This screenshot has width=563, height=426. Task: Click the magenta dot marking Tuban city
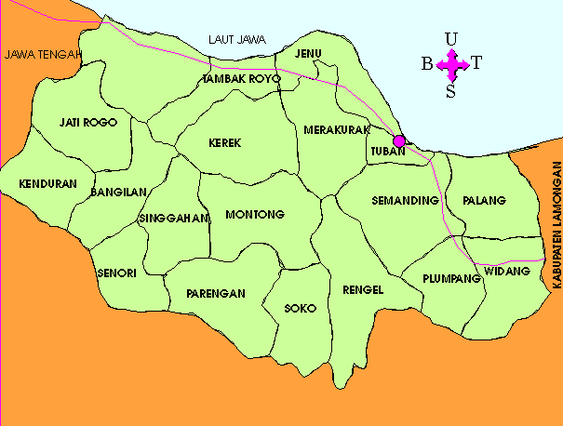point(399,141)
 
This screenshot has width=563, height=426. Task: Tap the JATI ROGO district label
point(87,122)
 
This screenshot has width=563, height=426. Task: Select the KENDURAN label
point(47,184)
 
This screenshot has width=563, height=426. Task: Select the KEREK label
point(225,143)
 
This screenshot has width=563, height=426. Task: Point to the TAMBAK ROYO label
point(240,79)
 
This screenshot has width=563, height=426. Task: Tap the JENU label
point(307,53)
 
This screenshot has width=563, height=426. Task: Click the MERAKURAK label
point(337,129)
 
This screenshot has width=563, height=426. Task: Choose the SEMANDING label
point(405,200)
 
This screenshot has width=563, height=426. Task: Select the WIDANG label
point(507,272)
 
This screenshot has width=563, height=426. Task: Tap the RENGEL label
point(363,289)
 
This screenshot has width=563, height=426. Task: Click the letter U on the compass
point(451,38)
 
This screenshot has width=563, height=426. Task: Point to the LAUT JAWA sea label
point(237,39)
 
